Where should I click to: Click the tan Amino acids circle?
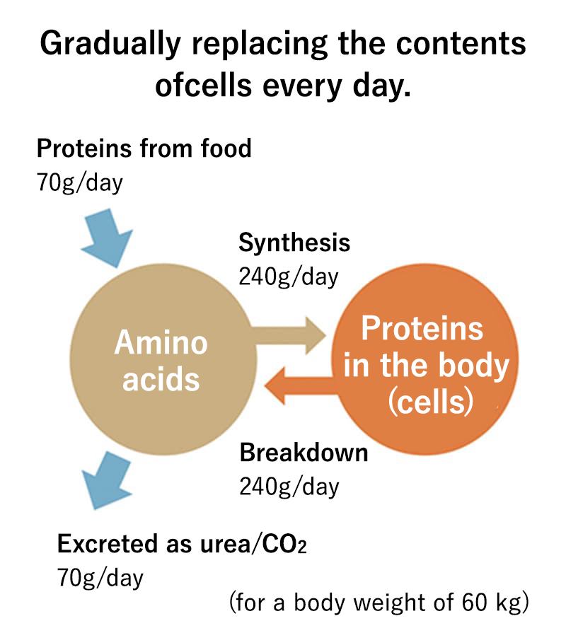(163, 359)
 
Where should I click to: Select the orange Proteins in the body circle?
(425, 359)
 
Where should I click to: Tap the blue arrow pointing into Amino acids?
(107, 238)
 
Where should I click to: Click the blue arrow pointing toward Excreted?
(106, 480)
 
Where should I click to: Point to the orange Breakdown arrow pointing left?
(301, 385)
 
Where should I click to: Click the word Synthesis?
(294, 243)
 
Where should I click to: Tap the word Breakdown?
(304, 453)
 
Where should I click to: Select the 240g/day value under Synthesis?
(289, 277)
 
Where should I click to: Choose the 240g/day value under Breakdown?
(289, 487)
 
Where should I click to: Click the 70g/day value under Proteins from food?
(79, 182)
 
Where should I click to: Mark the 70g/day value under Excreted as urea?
(100, 578)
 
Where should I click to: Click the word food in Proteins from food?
(226, 148)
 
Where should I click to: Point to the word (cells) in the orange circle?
(431, 402)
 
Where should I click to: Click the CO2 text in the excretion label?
(284, 544)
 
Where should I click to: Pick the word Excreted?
(108, 543)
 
